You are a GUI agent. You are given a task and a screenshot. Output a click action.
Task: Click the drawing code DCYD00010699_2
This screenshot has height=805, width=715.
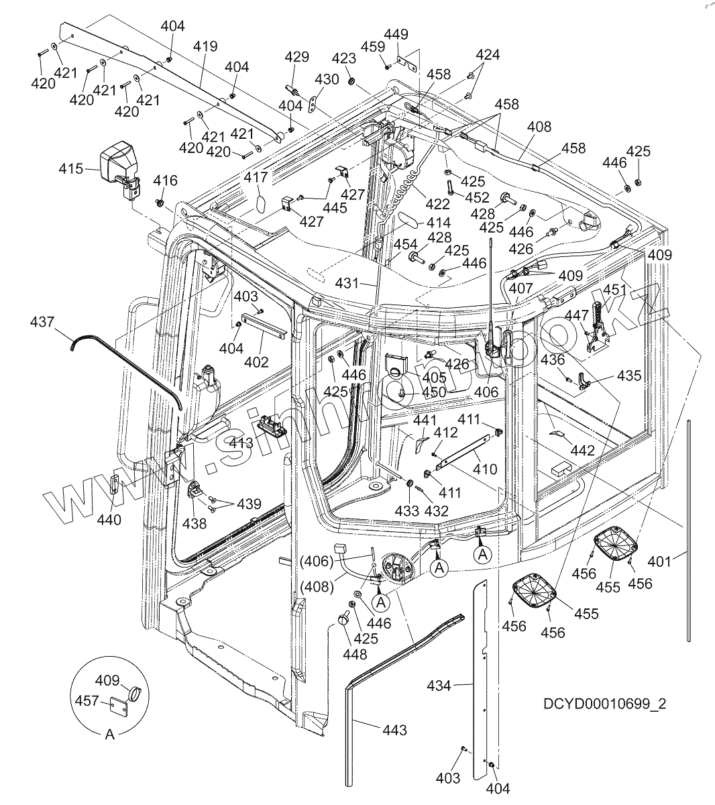[605, 704]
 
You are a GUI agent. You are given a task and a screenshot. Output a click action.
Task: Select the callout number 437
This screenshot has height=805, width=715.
[43, 322]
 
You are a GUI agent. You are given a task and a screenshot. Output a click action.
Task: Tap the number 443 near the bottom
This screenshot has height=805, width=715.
[394, 730]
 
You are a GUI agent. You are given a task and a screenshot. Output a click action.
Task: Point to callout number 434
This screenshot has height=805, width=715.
[440, 685]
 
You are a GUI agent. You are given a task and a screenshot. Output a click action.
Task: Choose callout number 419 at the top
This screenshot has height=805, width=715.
[205, 46]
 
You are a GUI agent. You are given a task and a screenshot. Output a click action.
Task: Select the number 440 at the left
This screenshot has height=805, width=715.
[109, 519]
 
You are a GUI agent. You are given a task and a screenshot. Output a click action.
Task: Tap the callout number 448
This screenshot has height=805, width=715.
[355, 654]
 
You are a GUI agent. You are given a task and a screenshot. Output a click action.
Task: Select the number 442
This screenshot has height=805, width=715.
[582, 451]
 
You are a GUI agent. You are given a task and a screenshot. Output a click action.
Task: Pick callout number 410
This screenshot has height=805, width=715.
[485, 469]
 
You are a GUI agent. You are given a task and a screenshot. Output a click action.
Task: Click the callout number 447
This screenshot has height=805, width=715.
[576, 315]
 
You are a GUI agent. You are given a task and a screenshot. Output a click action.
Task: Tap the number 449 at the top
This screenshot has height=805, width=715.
[395, 34]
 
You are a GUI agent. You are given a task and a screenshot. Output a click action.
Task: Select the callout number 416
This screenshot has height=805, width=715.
[166, 180]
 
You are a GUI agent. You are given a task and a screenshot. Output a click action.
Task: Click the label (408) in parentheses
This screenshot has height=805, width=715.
[316, 586]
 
